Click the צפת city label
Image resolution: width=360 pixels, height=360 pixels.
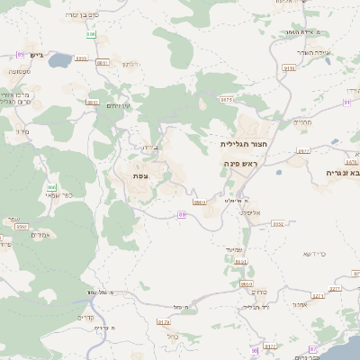[139, 175]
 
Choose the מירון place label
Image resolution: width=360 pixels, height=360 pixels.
[22, 131]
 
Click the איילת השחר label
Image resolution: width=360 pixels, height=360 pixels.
[295, 32]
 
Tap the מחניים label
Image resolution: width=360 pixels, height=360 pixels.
[302, 120]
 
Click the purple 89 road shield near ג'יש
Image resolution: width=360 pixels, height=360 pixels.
[21, 55]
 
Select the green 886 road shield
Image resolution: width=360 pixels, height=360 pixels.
[91, 35]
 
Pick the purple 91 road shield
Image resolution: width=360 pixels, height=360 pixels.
[346, 103]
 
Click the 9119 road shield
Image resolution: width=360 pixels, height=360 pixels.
[288, 67]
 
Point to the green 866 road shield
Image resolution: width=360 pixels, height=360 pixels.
[51, 187]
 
